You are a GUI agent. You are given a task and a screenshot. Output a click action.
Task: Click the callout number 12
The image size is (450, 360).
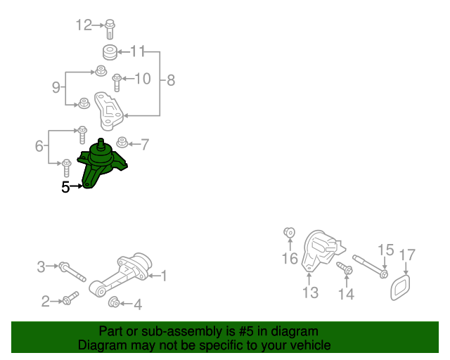84,26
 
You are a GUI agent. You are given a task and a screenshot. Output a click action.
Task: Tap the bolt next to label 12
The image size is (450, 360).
112,29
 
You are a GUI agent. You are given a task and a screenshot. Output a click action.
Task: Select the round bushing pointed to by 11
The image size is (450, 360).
109,52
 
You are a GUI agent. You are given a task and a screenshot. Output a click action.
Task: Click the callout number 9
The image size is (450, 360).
56,88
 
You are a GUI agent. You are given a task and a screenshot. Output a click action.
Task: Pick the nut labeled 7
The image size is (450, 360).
122,144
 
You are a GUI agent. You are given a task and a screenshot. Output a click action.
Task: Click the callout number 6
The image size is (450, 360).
39,146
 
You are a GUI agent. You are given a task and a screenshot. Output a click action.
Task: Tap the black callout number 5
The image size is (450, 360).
65,187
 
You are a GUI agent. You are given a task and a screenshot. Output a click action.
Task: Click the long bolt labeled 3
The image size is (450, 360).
70,269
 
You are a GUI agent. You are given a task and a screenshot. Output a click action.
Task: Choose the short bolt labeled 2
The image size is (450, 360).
67,301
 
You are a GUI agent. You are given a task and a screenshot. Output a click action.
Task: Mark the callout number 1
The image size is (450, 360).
165,276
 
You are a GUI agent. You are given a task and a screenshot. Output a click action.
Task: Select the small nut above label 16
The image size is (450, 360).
288,233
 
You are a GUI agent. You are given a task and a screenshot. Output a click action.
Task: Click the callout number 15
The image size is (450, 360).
386,250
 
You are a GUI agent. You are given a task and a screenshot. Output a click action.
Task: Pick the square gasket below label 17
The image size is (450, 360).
401,287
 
